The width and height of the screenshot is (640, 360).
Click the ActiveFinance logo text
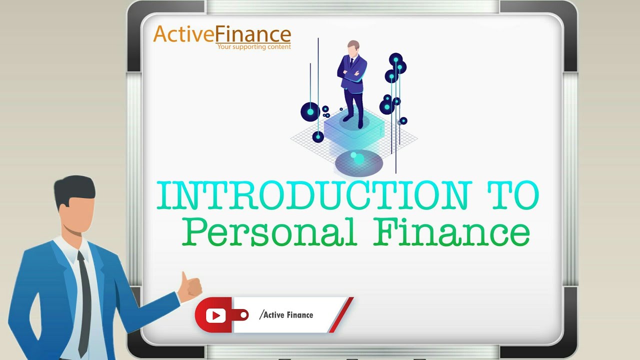pyautogui.click(x=222, y=34)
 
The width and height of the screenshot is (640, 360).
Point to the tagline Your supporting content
pyautogui.click(x=253, y=47)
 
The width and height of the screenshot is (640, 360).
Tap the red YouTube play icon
pyautogui.click(x=216, y=315)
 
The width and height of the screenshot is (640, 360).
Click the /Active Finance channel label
pyautogui.click(x=286, y=314)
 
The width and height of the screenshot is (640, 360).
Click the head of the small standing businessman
pyautogui.click(x=353, y=48)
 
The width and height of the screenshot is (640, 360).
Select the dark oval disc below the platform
pyautogui.click(x=358, y=163)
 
